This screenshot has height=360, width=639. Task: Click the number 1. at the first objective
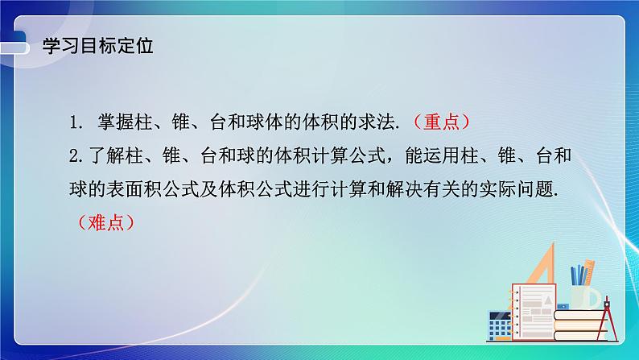[76, 122]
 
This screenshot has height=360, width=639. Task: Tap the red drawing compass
[611, 311]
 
